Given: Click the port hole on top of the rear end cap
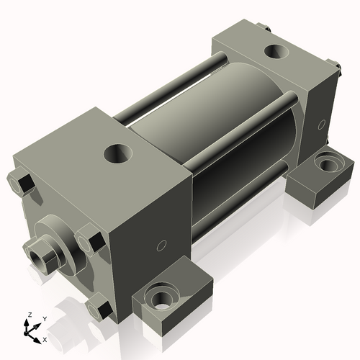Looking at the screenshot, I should point(274,52).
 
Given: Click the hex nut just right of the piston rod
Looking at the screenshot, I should point(89,238).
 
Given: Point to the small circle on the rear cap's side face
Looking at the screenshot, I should point(320,125).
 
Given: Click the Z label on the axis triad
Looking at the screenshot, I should point(29,315).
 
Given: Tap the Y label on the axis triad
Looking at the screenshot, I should point(44,318).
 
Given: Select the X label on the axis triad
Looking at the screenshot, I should point(45,338).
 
